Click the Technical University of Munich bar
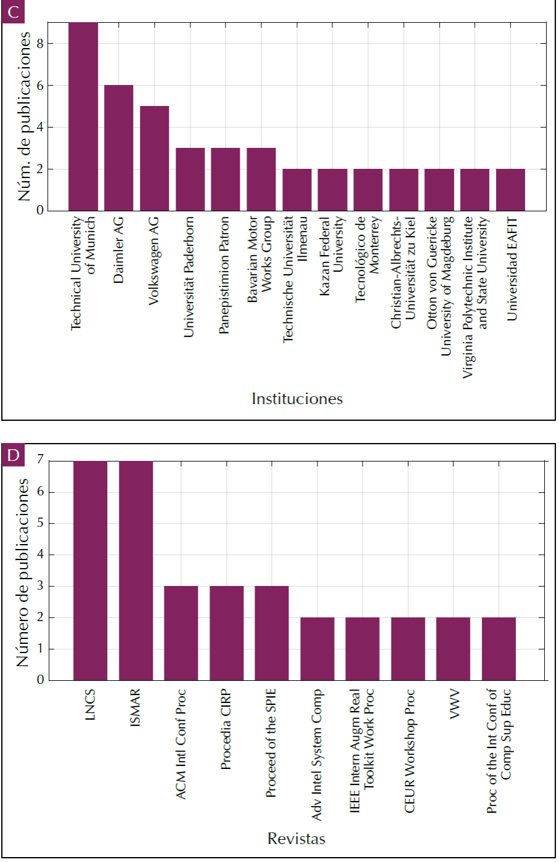click(83, 117)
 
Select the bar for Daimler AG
click(118, 148)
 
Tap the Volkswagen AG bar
click(154, 158)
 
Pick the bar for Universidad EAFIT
click(510, 190)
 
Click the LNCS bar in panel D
click(90, 570)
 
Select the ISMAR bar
click(136, 570)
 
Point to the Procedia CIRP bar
click(226, 633)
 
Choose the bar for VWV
click(453, 648)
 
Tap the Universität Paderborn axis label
click(189, 276)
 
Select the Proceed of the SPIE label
click(271, 743)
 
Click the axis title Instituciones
click(297, 399)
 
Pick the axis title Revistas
click(296, 839)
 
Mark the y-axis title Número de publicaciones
click(23, 572)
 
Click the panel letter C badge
click(13, 12)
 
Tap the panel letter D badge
click(13, 455)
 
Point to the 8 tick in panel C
click(40, 44)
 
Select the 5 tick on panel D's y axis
click(41, 524)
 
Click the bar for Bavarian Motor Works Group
click(261, 179)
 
